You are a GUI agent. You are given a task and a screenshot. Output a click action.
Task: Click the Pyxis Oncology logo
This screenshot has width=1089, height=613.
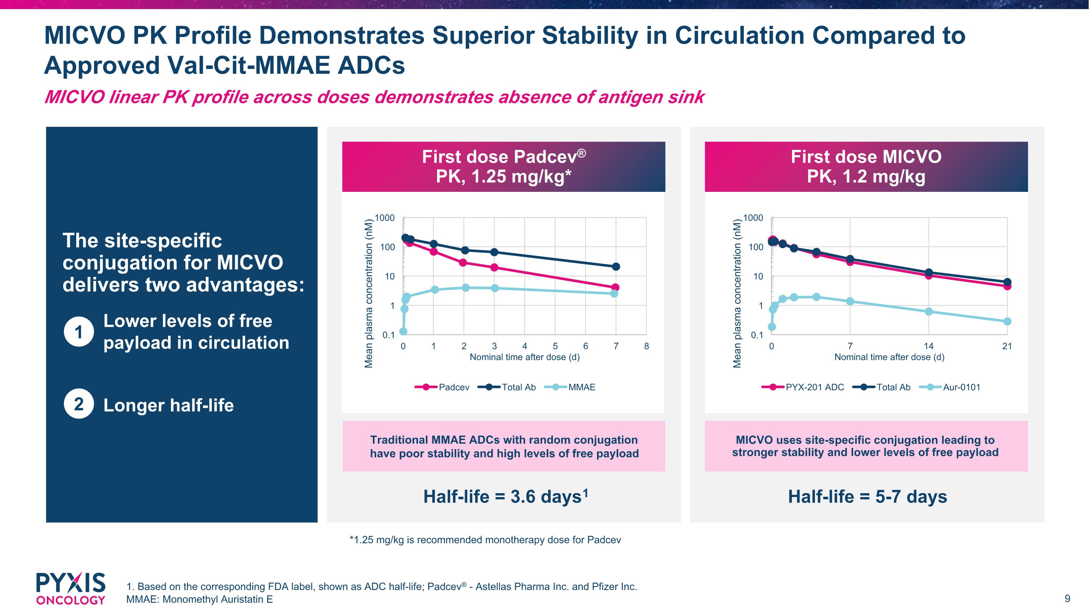coord(70,588)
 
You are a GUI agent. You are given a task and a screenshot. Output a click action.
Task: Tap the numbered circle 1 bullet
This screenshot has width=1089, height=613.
coord(79,332)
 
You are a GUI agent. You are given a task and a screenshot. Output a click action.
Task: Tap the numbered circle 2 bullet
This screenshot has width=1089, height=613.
coord(79,404)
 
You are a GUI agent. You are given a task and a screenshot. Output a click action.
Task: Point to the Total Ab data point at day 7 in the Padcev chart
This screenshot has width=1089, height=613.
coord(616,266)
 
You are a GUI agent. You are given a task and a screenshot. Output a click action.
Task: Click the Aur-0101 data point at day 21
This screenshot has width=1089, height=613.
coord(1007,322)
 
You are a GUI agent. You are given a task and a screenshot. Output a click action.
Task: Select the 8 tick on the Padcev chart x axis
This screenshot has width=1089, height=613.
coord(647,346)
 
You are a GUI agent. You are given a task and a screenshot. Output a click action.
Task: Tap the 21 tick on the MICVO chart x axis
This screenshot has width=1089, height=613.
coord(1007,346)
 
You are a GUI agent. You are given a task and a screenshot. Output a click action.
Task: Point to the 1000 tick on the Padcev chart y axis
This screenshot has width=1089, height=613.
coord(385,218)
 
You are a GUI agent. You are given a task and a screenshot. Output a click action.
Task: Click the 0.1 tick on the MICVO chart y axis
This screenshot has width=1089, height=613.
coord(757,335)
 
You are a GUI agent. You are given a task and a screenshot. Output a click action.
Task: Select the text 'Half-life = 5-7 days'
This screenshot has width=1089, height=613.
coord(867,497)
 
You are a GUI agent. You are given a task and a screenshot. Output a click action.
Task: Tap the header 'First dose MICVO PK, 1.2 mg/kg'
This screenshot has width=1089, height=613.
coord(866,167)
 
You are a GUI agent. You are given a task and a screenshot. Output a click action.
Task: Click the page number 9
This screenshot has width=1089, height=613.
coord(1067,598)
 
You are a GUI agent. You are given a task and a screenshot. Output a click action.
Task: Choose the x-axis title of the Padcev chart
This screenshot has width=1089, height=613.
coord(525,357)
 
